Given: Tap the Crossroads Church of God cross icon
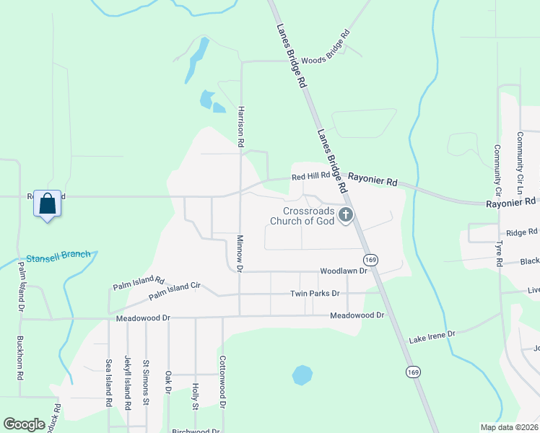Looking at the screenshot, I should [x=347, y=215].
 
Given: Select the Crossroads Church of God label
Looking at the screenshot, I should [x=302, y=216].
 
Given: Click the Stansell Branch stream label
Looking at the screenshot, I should [x=59, y=256].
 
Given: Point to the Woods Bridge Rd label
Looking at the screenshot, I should [x=325, y=48].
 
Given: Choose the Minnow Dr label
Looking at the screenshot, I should [x=241, y=253].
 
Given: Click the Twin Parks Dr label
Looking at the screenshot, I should [x=314, y=294].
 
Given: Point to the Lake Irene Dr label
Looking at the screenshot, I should [x=432, y=336].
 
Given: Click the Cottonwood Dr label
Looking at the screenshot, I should [x=223, y=383].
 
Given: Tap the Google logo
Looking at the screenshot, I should [x=24, y=424].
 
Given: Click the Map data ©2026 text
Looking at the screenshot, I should [x=509, y=427].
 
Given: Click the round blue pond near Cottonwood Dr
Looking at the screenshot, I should [x=302, y=375].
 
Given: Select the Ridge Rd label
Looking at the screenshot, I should [x=521, y=232].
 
